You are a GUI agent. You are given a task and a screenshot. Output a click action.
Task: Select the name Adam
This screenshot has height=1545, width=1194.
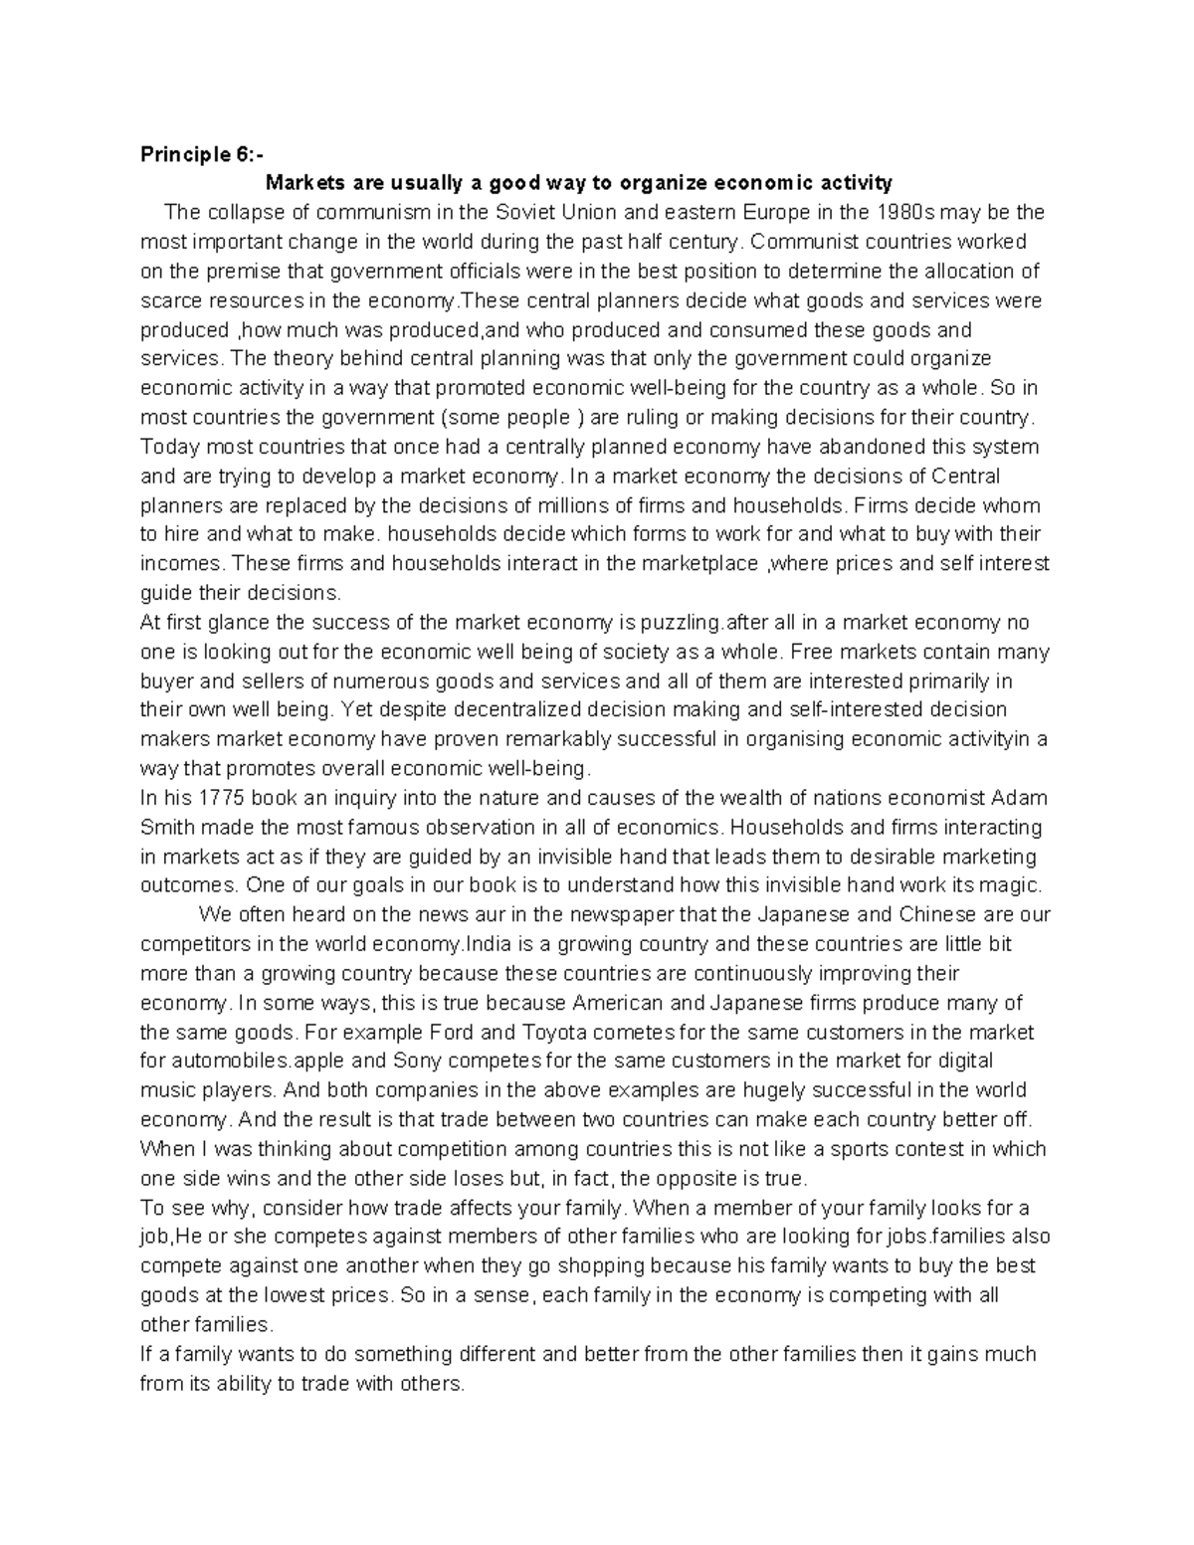[1021, 798]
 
